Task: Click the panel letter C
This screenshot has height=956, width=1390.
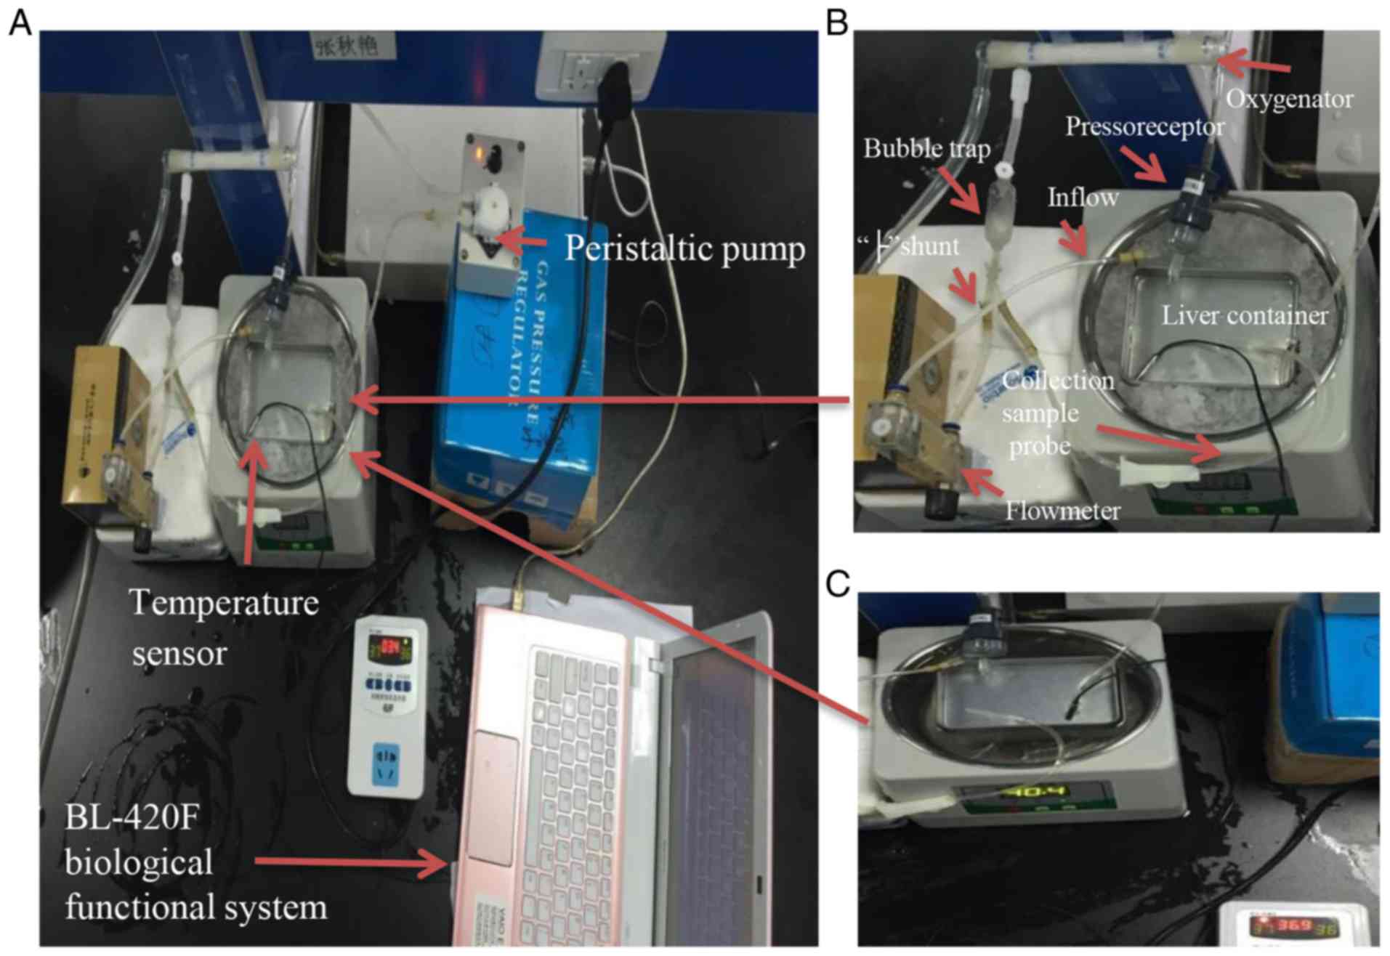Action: tap(838, 583)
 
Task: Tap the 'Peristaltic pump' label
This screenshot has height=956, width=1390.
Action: tap(684, 248)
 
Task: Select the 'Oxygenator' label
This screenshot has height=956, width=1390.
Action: tap(1289, 99)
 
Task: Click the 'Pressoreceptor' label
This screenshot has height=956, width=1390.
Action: tap(1144, 127)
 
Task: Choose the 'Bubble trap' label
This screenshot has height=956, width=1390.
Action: tap(926, 149)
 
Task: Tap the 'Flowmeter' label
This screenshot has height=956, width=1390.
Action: tap(1062, 511)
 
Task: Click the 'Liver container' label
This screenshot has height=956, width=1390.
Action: tap(1244, 315)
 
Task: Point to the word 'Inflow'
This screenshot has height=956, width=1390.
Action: tap(1082, 197)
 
